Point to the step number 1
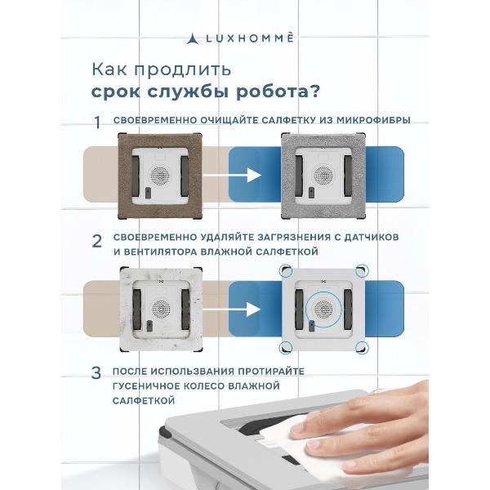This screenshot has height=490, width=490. coord(96,122)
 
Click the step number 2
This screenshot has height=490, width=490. coord(96,241)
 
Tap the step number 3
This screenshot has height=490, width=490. coord(96,372)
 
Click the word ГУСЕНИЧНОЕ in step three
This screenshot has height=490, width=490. coord(152,385)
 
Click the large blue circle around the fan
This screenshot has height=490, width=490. coord(324,311)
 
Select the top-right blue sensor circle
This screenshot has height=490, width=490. coord(360,270)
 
